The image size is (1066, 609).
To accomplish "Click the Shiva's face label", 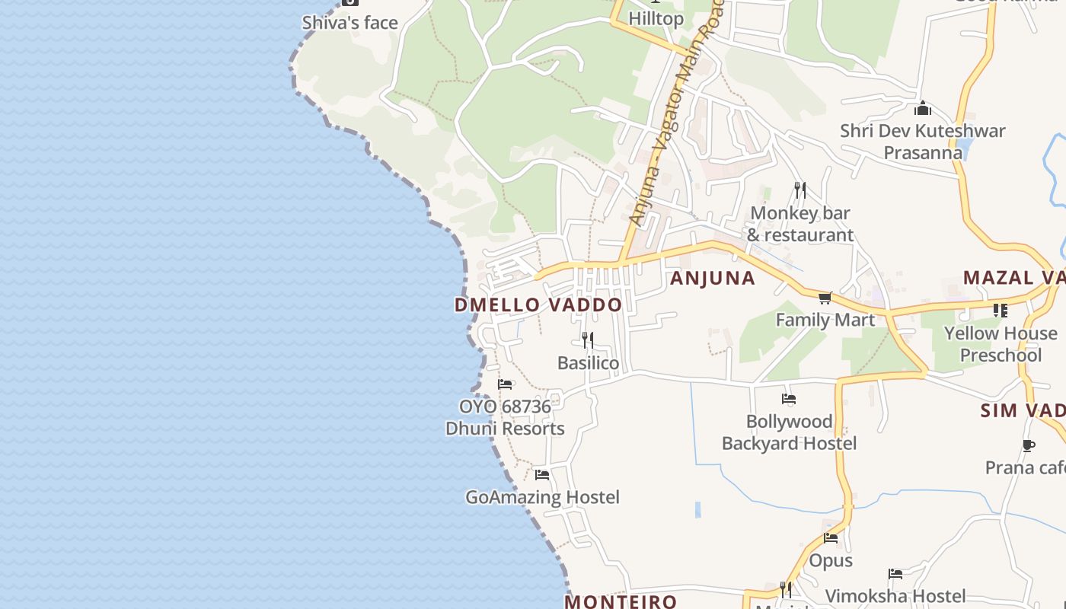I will [x=350, y=23].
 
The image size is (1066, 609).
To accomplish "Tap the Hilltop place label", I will [x=656, y=18].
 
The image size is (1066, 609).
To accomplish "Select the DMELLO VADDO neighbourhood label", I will [x=538, y=305].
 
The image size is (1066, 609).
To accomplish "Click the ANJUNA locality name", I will [x=713, y=279].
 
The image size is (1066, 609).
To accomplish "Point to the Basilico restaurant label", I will [x=588, y=363].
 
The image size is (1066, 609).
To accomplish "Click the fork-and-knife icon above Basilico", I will [x=588, y=340].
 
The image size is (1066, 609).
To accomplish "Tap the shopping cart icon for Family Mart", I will [x=825, y=298].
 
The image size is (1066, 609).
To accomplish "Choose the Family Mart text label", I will [x=825, y=320].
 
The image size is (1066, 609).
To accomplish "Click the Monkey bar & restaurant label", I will [x=800, y=224].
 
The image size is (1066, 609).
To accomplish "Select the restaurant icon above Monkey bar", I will [x=799, y=190].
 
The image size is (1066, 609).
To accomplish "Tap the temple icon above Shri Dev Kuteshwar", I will [x=923, y=108].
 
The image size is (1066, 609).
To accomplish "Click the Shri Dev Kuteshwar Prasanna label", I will [x=923, y=142].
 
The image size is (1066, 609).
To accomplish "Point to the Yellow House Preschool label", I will [x=1001, y=344].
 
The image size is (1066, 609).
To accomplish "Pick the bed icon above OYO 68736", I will [x=504, y=384].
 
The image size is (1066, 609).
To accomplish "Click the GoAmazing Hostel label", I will [x=542, y=498].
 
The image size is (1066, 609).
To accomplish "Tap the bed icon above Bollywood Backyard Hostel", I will [x=789, y=399].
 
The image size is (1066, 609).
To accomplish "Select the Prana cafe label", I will [x=1025, y=467].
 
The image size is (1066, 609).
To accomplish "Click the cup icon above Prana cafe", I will [x=1029, y=445].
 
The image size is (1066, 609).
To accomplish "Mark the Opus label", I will [x=831, y=561].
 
